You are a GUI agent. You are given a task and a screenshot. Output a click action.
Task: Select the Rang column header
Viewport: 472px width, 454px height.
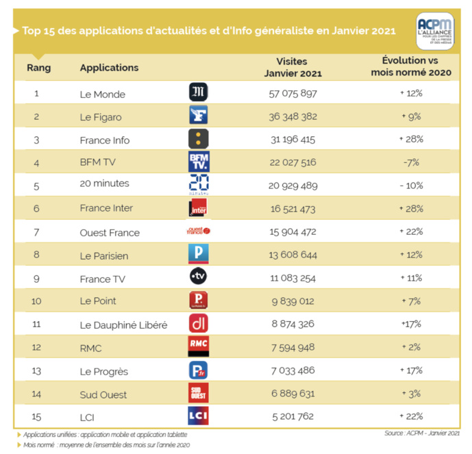38,68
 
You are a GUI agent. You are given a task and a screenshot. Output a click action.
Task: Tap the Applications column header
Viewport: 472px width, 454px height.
109,68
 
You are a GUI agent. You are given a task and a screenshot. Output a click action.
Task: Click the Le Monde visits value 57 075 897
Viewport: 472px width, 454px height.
293,93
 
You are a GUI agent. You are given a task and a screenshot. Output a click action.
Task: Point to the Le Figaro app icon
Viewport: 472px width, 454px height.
198,116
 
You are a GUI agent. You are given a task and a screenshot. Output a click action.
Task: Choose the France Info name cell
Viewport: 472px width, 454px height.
105,140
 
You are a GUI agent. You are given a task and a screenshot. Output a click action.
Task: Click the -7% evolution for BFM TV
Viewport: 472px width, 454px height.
411,162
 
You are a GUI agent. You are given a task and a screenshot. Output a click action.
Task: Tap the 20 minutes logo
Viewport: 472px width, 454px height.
198,185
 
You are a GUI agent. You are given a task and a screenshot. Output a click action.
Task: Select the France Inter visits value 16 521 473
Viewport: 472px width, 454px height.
293,208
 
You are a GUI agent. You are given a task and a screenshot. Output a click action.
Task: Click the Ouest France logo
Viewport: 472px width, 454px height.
198,231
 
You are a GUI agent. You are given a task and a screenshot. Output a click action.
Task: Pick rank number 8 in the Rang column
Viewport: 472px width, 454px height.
36,255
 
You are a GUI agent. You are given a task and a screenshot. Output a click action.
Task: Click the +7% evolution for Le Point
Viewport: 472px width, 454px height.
411,301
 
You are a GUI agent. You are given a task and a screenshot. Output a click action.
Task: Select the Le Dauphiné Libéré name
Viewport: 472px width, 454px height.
123,325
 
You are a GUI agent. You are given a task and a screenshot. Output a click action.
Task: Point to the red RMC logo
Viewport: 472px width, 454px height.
198,346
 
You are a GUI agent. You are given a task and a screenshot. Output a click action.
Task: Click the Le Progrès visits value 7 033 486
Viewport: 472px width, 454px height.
293,370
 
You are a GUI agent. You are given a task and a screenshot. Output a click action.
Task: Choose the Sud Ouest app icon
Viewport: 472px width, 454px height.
198,392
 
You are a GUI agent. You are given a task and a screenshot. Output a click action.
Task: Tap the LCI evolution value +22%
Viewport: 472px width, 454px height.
411,416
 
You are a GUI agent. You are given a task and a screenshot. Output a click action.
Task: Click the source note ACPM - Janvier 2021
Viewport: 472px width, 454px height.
421,433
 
